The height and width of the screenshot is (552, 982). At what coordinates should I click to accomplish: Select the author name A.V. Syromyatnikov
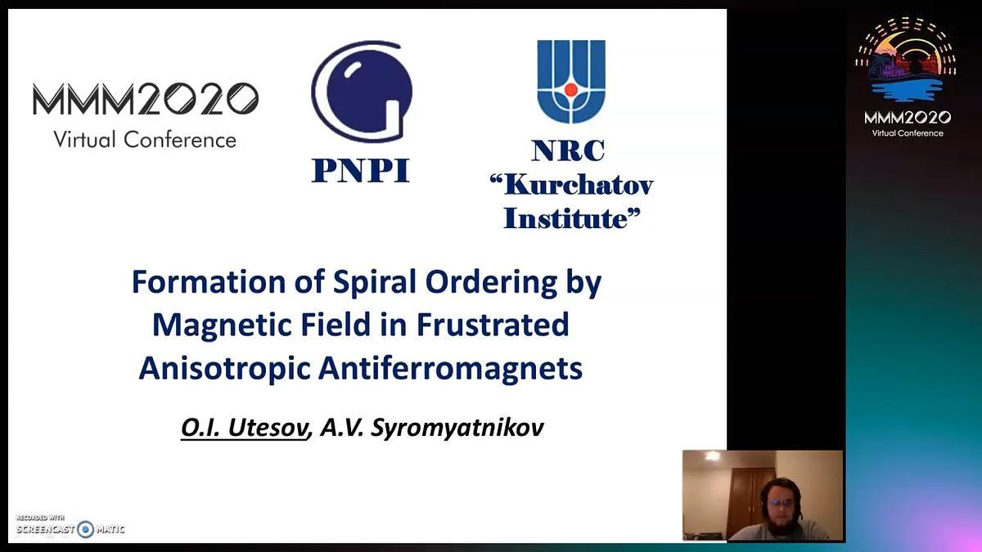click(x=432, y=428)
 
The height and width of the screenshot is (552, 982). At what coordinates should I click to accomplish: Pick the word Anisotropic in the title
click(x=225, y=368)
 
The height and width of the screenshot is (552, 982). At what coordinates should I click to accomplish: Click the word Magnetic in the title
click(x=222, y=325)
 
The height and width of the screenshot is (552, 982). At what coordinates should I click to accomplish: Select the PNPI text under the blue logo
click(x=360, y=170)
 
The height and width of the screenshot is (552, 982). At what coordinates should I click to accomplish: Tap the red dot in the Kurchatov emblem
click(x=571, y=90)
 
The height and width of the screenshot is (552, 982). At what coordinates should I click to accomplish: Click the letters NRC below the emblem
click(x=568, y=150)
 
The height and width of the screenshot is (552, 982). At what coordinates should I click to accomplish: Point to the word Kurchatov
click(x=579, y=185)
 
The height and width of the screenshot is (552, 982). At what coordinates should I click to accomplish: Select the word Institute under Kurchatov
click(x=565, y=218)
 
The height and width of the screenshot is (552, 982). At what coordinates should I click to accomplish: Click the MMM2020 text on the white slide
click(x=146, y=99)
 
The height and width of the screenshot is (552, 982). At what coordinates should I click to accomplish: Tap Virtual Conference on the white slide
click(x=145, y=140)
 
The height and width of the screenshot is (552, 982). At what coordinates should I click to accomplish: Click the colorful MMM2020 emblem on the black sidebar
click(x=906, y=60)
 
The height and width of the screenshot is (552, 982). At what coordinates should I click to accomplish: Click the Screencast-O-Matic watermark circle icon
click(x=85, y=529)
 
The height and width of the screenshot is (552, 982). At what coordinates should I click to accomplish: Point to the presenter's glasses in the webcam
click(x=781, y=502)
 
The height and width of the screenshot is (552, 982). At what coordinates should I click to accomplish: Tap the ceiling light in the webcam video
click(x=712, y=456)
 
